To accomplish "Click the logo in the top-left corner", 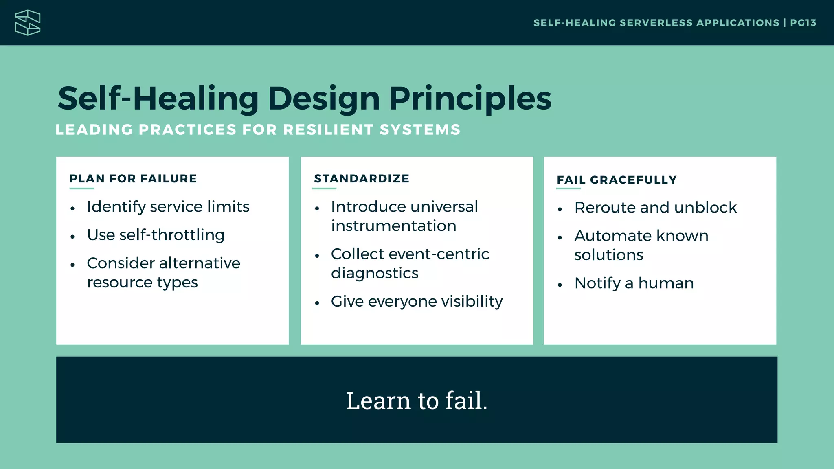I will pyautogui.click(x=28, y=23).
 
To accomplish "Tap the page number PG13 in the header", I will pyautogui.click(x=803, y=23).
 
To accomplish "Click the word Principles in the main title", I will pyautogui.click(x=470, y=99).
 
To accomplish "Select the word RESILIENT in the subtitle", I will pyautogui.click(x=329, y=130).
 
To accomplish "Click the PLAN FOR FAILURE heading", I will pyautogui.click(x=133, y=179).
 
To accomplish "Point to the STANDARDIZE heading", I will pyautogui.click(x=362, y=179).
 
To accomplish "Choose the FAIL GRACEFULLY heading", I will pyautogui.click(x=617, y=180).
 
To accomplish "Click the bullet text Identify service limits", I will pyautogui.click(x=168, y=207).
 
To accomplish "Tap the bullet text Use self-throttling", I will pyautogui.click(x=156, y=235).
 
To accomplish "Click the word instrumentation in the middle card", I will pyautogui.click(x=393, y=226).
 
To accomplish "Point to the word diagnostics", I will pyautogui.click(x=375, y=273).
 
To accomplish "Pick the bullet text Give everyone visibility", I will pyautogui.click(x=417, y=302).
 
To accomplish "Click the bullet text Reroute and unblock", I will pyautogui.click(x=655, y=208).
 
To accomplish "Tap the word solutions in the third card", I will pyautogui.click(x=608, y=255).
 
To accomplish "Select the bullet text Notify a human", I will pyautogui.click(x=634, y=283).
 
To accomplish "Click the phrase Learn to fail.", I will pyautogui.click(x=417, y=401).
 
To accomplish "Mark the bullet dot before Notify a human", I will pyautogui.click(x=560, y=285).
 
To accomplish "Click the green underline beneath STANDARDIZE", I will pyautogui.click(x=324, y=188).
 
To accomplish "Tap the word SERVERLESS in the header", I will pyautogui.click(x=656, y=23).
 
